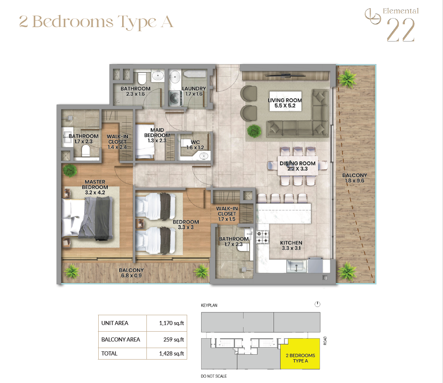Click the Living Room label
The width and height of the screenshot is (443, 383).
[x=285, y=100]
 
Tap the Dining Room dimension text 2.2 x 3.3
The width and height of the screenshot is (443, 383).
[x=297, y=169]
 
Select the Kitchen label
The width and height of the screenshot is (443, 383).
[x=291, y=243]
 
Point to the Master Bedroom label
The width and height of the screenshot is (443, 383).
[x=95, y=185]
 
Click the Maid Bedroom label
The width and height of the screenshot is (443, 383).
[x=157, y=133]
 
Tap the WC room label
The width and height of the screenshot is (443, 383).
[x=195, y=142]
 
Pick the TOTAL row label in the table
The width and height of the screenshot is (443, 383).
[x=109, y=353]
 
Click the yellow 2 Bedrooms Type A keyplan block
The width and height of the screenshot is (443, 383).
[x=300, y=354]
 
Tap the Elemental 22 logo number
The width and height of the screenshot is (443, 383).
[x=401, y=30]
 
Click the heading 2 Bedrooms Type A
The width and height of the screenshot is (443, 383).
[x=96, y=22]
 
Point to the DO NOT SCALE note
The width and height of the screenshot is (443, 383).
[x=214, y=376]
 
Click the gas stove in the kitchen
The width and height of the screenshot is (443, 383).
[x=262, y=237]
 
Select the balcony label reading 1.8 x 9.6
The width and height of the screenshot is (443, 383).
[x=355, y=181]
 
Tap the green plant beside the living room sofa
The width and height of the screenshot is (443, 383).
[x=254, y=131]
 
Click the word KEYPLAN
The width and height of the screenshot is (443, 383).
[x=209, y=305]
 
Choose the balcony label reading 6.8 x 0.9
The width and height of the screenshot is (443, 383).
[x=131, y=275]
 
